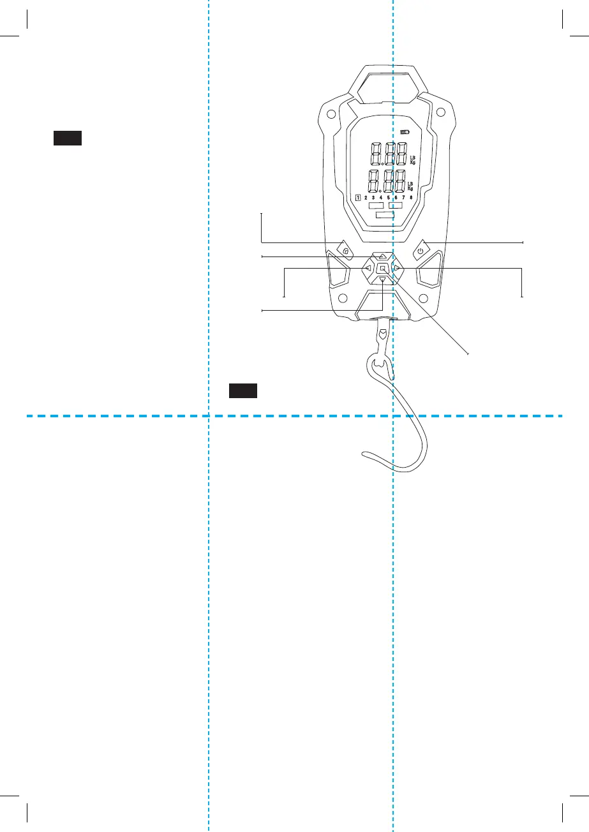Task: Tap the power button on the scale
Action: click(x=419, y=251)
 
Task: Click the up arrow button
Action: click(x=382, y=256)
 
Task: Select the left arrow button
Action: click(x=369, y=269)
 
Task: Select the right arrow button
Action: click(x=396, y=269)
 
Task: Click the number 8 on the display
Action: click(x=410, y=198)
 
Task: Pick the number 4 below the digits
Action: click(x=380, y=198)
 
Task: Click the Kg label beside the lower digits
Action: click(x=411, y=189)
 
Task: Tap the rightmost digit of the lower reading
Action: click(x=399, y=181)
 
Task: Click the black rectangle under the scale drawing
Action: click(x=243, y=390)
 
